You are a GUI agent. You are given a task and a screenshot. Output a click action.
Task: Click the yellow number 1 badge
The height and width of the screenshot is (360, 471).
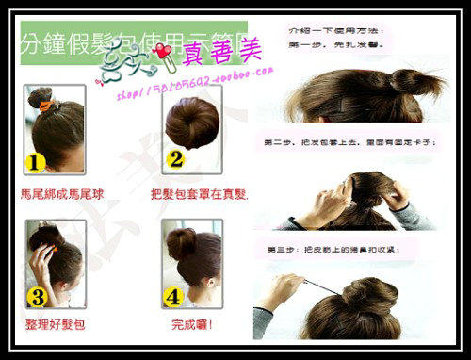click(x=35, y=161)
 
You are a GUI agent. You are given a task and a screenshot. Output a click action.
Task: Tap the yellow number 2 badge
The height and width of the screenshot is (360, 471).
click(x=175, y=159)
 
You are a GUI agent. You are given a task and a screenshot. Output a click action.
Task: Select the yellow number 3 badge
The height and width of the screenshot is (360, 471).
click(x=37, y=298)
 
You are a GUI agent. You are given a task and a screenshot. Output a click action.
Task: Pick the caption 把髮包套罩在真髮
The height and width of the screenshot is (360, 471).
click(x=198, y=193)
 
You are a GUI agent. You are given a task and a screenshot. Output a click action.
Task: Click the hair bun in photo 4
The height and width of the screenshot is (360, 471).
click(x=181, y=242)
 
